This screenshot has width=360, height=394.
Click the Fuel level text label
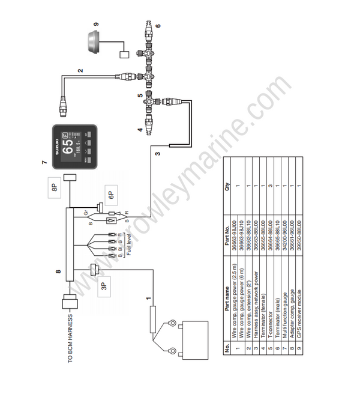[x=128, y=249]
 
